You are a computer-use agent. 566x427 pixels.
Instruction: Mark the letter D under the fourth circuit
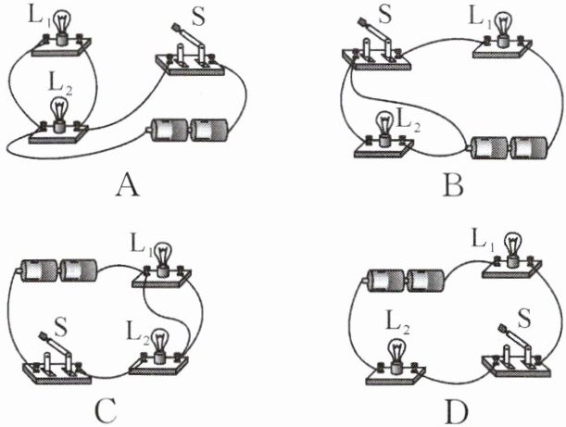[x=452, y=408]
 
